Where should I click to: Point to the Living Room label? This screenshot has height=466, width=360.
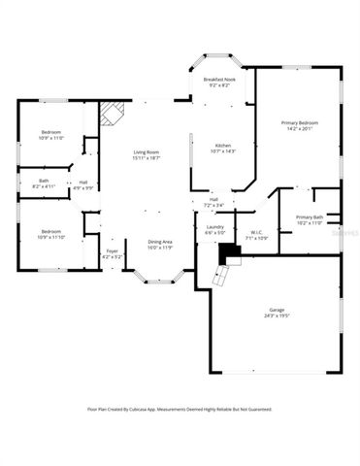click(x=147, y=151)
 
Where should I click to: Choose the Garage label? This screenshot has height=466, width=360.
click(x=277, y=312)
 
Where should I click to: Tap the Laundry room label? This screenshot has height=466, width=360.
click(x=214, y=227)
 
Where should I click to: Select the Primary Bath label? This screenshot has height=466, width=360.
click(x=311, y=217)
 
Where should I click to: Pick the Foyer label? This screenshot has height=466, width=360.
click(x=112, y=251)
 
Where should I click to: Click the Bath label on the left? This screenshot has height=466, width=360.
click(x=44, y=180)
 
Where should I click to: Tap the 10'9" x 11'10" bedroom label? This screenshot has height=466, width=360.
click(x=51, y=233)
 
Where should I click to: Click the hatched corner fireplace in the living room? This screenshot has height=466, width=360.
click(x=112, y=115)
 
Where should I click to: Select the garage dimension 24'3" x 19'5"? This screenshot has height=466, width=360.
click(x=277, y=316)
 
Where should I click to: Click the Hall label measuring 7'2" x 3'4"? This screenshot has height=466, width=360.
click(x=213, y=202)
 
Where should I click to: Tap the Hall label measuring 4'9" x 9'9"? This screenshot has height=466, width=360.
click(x=83, y=184)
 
